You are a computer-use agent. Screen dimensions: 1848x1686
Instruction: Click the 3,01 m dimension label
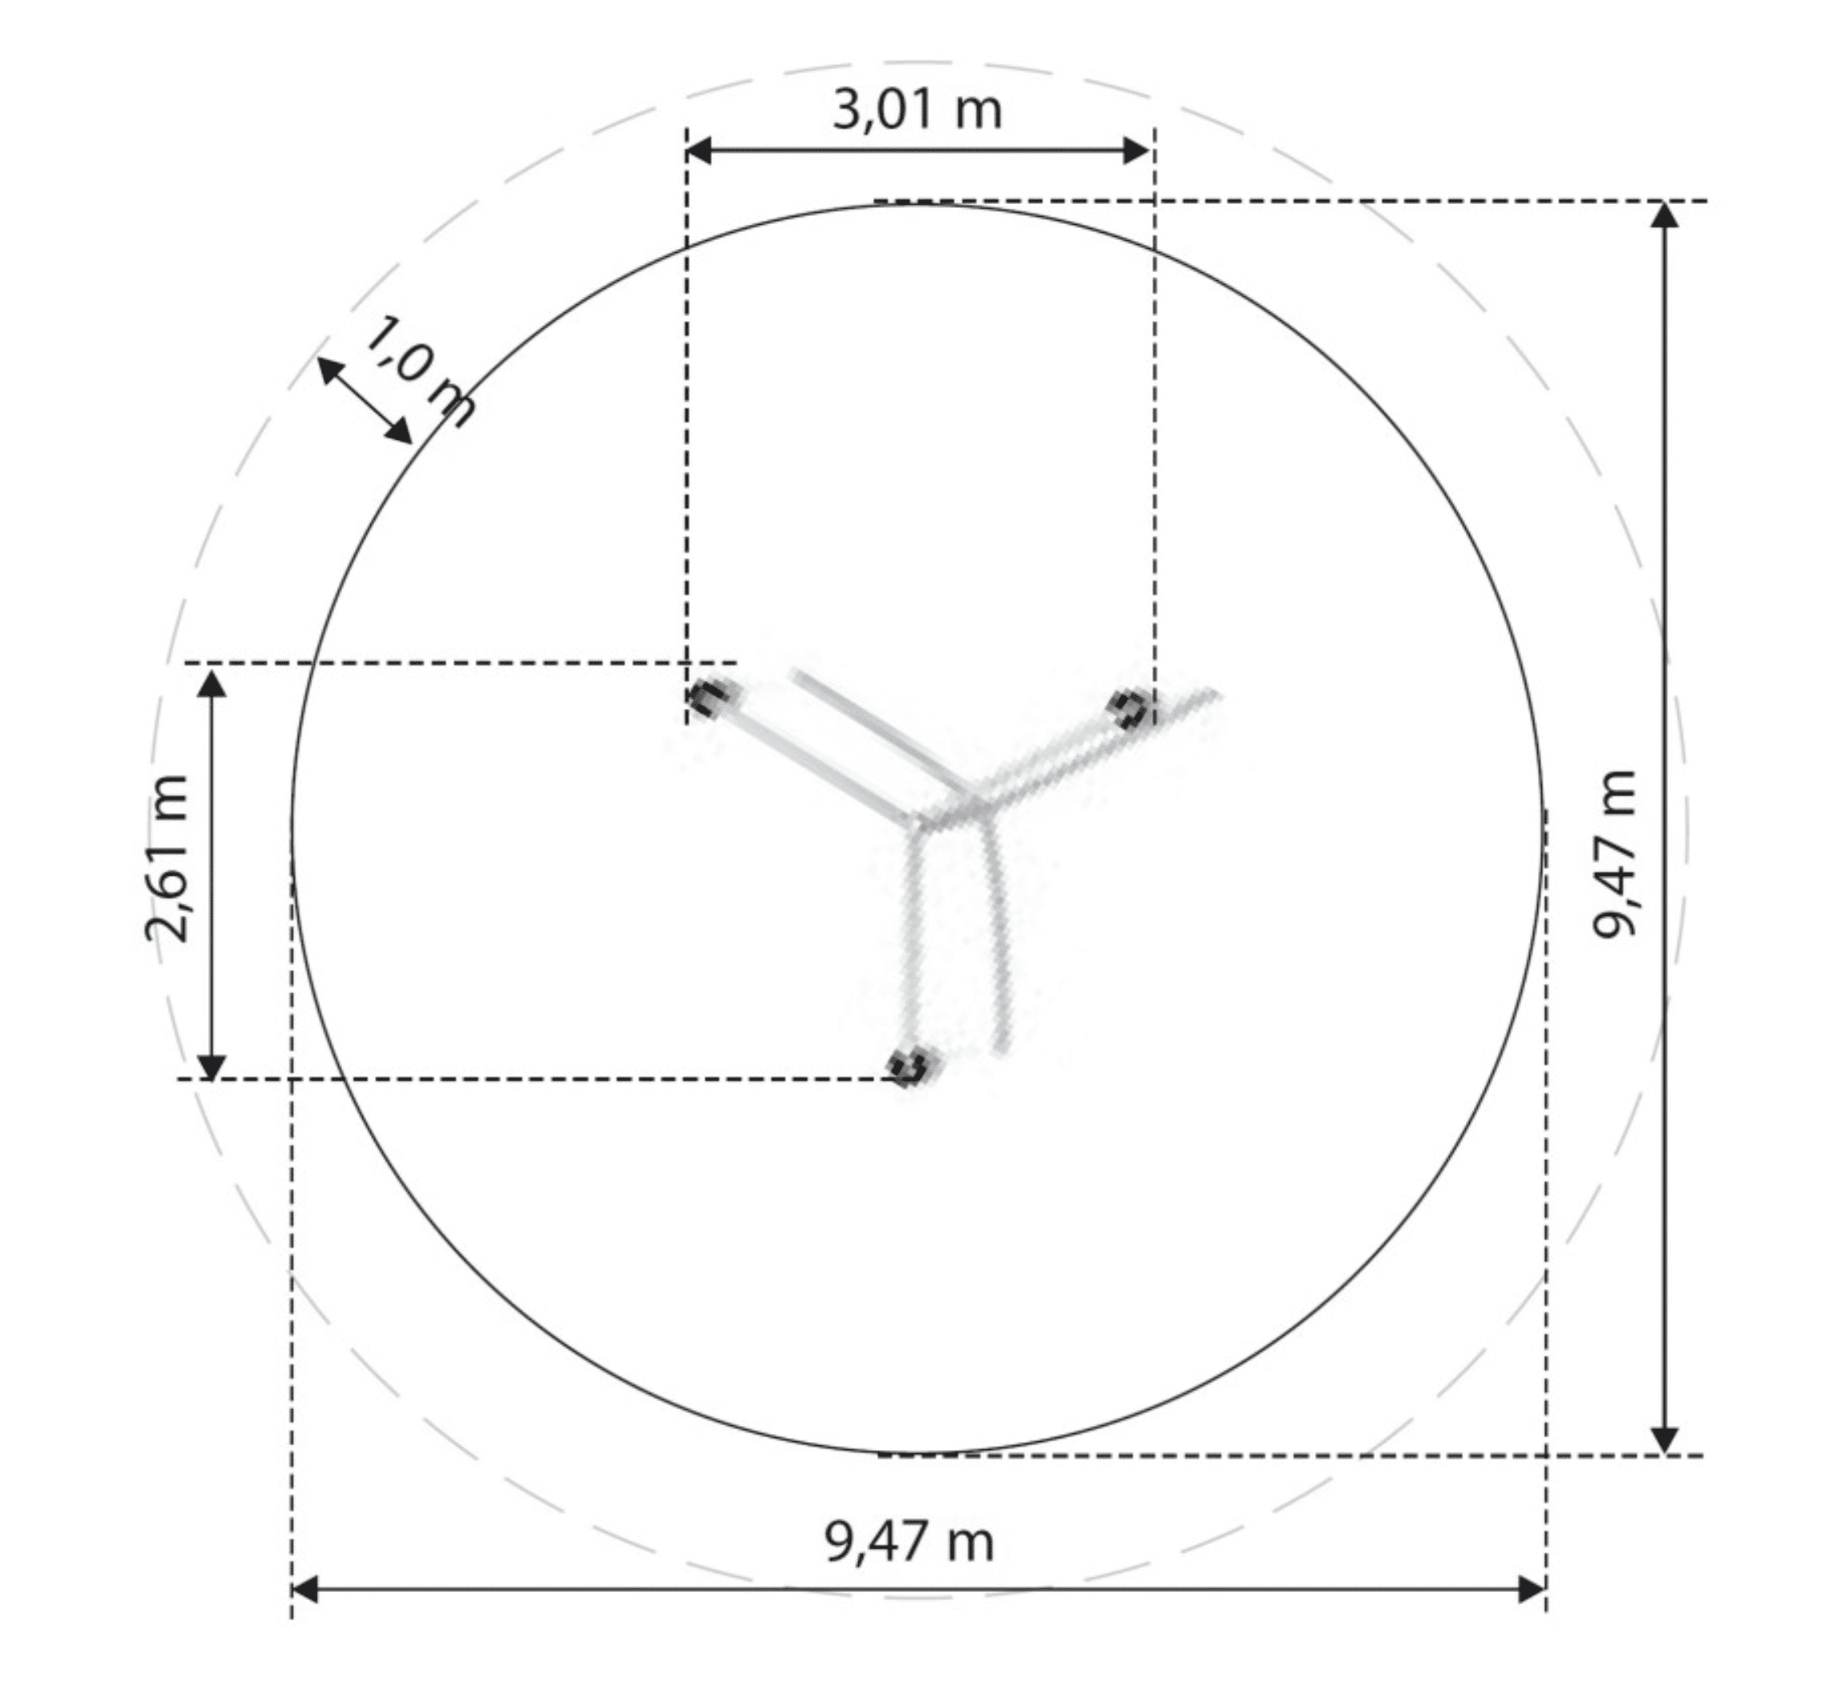coord(917,110)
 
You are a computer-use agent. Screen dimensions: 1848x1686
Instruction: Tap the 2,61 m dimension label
coord(167,858)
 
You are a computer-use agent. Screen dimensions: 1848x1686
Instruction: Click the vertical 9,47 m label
coord(1614,853)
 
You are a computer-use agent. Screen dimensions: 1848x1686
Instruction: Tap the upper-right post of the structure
coord(1130,709)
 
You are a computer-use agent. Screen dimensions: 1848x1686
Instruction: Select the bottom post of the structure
coord(911,1066)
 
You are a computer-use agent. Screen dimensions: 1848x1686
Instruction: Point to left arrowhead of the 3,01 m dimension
coord(698,150)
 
